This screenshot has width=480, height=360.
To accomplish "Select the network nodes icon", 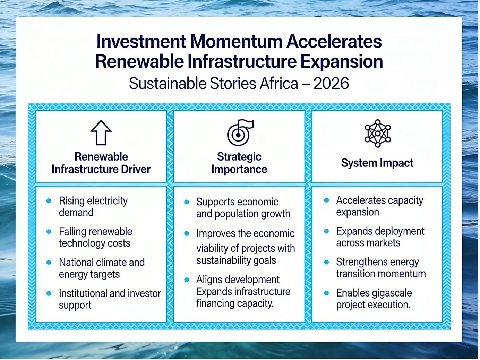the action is click(378, 133).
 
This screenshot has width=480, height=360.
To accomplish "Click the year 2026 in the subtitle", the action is click(331, 84).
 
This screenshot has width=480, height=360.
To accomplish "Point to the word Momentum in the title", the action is click(237, 41).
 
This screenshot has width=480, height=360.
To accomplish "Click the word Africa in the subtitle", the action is click(279, 84).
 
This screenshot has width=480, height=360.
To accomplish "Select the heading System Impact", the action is click(377, 163).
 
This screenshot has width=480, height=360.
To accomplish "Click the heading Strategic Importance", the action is click(239, 163).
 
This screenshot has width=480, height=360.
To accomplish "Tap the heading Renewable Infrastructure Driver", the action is click(101, 163).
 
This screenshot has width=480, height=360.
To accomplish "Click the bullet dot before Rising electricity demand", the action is click(49, 201).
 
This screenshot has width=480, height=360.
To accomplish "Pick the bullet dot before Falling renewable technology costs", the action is click(49, 231).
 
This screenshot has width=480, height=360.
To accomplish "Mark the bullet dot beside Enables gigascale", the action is click(326, 293).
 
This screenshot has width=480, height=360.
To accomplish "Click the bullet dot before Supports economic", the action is click(187, 202).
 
